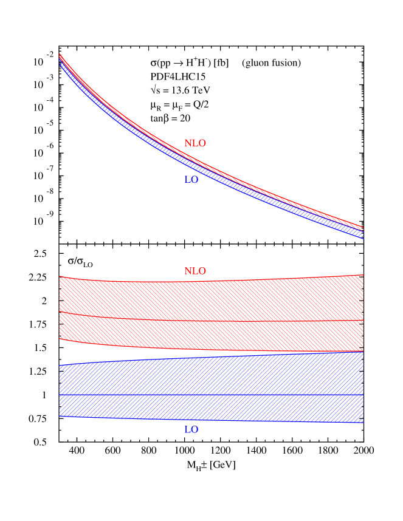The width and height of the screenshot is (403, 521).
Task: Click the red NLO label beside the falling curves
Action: click(195, 144)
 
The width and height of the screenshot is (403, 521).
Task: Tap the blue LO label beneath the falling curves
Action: click(191, 180)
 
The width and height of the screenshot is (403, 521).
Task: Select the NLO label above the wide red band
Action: click(195, 271)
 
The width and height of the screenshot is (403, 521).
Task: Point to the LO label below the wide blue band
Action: click(191, 430)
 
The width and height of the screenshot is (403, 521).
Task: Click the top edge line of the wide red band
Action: click(213, 281)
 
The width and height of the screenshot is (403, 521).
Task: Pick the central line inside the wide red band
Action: click(213, 321)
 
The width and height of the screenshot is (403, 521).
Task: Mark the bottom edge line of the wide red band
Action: click(213, 350)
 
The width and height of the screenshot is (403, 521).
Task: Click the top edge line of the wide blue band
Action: click(213, 356)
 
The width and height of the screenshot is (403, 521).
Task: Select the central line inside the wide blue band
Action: click(213, 395)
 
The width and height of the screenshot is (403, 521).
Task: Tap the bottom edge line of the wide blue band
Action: click(213, 420)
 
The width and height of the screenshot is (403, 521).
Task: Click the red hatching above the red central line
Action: click(213, 301)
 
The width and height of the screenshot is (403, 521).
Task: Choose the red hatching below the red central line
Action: click(213, 335)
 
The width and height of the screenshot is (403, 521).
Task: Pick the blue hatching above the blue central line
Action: click(213, 376)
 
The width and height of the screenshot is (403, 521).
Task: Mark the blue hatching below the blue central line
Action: click(213, 407)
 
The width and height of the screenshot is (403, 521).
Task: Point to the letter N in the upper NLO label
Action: click(188, 144)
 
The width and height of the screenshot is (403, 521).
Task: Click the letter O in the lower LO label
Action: click(194, 430)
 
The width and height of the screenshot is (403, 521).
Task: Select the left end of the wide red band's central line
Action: click(60, 312)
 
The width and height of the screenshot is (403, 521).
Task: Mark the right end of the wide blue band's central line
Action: click(363, 395)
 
